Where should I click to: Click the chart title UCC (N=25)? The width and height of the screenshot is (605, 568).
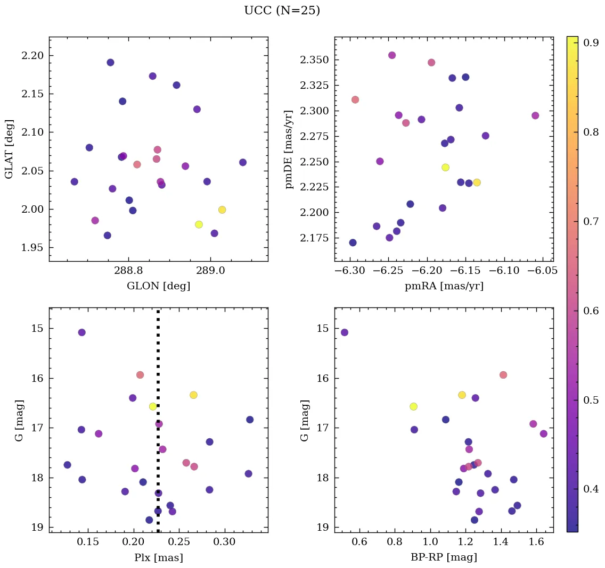[282, 11]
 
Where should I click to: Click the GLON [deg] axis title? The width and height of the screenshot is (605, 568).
[158, 286]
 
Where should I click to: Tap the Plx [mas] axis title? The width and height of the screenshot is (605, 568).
[158, 557]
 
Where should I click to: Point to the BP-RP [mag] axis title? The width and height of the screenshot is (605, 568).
[444, 557]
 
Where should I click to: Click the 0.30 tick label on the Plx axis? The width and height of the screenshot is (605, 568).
[225, 542]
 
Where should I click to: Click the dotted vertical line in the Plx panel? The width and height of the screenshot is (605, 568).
[158, 372]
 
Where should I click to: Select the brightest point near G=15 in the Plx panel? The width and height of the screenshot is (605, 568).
[81, 332]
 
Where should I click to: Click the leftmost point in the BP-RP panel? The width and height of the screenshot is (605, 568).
[345, 332]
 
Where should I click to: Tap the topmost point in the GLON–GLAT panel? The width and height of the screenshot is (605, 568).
[110, 62]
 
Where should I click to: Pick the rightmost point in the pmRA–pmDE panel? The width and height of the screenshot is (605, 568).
[535, 115]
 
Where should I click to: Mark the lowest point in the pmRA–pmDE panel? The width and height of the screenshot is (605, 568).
[353, 243]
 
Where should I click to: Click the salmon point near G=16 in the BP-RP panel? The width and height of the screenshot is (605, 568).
[503, 375]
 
